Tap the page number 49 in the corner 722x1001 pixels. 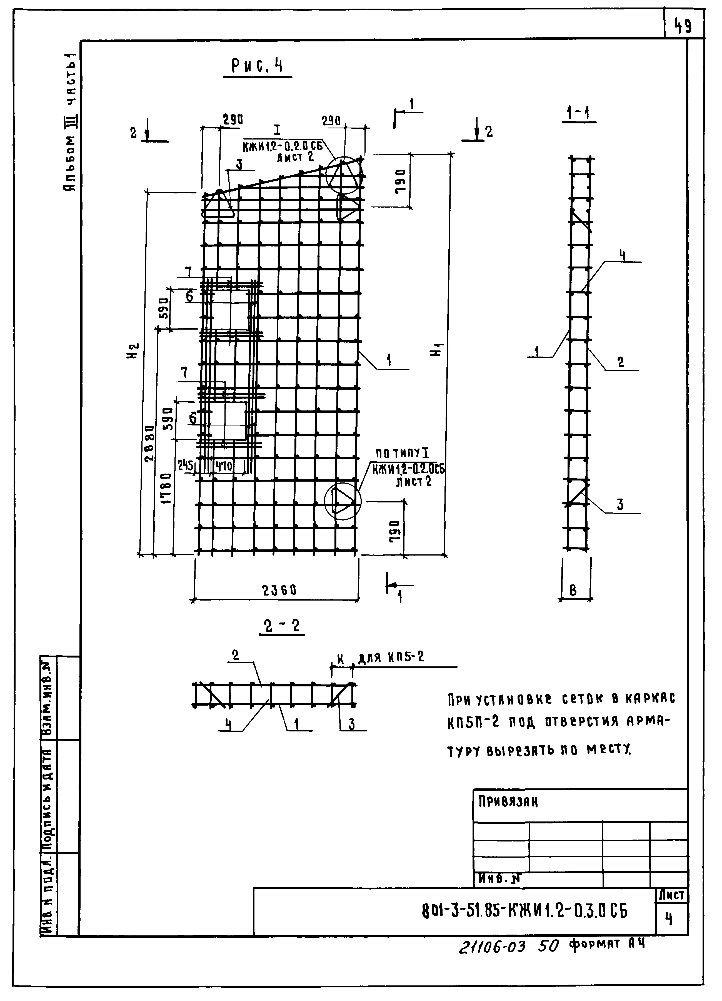683,27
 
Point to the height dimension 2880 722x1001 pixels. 150,443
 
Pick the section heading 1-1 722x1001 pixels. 579,114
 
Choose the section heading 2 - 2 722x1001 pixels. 282,626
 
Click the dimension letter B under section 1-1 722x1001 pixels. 573,591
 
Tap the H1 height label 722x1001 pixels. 437,351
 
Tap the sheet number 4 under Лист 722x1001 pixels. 669,919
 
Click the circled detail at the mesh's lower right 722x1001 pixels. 343,501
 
